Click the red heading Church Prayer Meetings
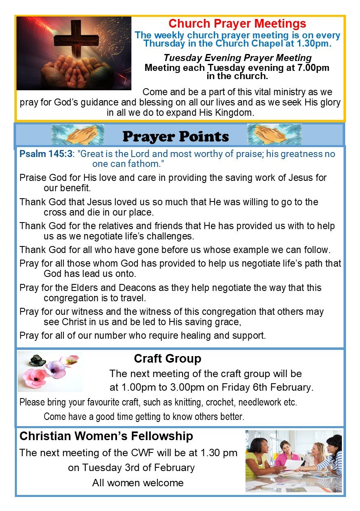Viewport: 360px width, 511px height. point(237,23)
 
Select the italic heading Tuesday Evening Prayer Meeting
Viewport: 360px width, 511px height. point(237,58)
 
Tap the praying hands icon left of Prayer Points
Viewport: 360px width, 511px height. point(77,135)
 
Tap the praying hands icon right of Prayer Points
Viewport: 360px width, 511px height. point(274,135)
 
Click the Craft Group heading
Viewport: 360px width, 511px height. point(167,359)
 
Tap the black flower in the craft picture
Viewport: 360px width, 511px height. point(38,361)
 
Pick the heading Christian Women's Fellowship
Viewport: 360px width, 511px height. point(106,436)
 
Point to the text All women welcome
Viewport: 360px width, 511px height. point(138,483)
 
